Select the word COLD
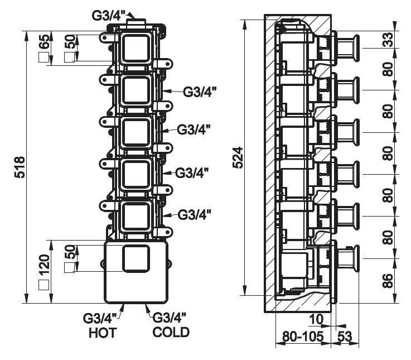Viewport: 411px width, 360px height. [171, 333]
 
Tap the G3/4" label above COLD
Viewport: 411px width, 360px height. [170, 318]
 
